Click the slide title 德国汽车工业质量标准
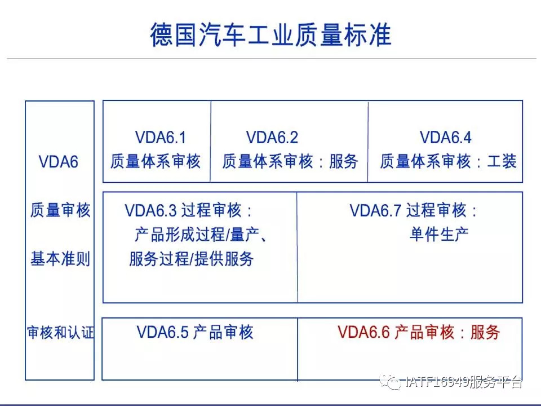point(271,35)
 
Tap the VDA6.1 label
point(161,138)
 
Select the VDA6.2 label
point(272,138)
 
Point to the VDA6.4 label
point(445,138)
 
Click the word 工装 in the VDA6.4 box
point(502,161)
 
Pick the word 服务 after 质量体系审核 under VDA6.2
point(344,161)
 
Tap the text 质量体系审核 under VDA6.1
point(156,161)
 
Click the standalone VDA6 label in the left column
point(58,162)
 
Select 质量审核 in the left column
point(60,210)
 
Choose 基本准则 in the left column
point(60,259)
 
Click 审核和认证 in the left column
point(60,333)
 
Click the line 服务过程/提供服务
point(192,259)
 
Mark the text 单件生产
point(439,235)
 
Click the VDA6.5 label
point(162,332)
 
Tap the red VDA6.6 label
point(363,332)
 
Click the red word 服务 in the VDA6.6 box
point(485,332)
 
